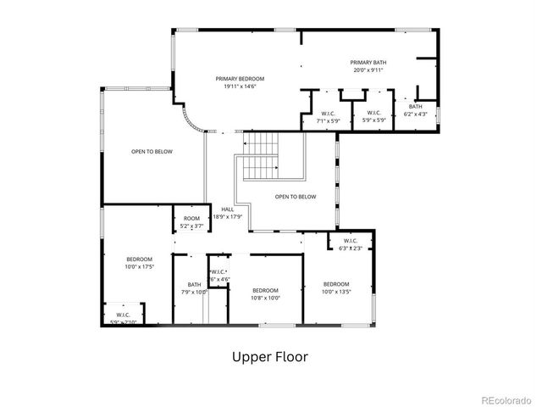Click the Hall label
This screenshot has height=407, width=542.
coord(227,209)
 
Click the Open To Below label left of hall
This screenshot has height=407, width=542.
coord(152,152)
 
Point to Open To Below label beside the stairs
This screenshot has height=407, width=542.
coord(296,197)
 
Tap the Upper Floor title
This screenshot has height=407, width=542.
coord(270,357)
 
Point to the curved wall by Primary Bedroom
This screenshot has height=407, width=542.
coord(192,122)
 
